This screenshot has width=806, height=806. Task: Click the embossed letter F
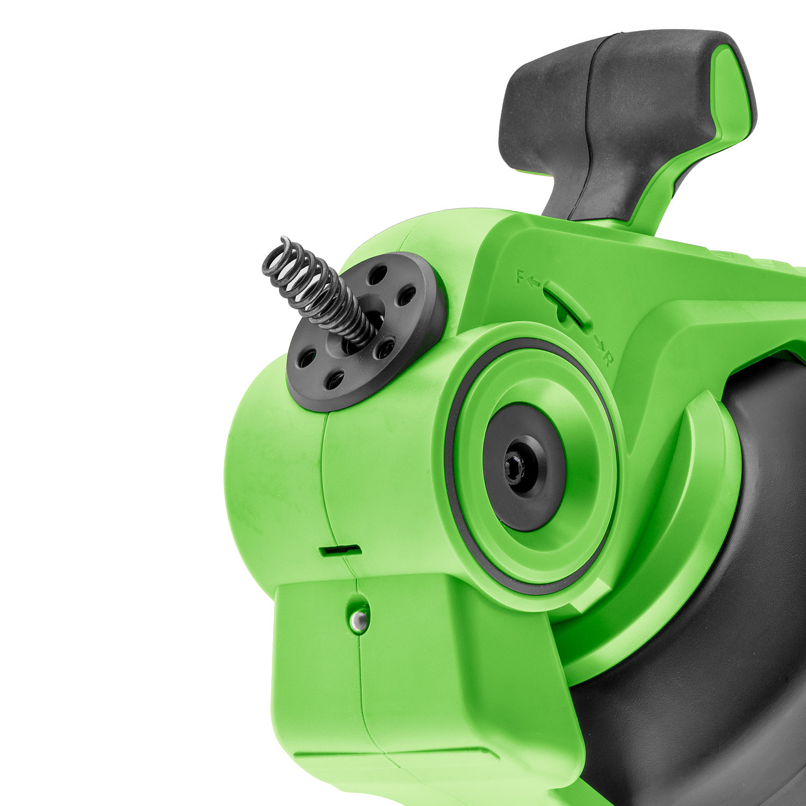520,276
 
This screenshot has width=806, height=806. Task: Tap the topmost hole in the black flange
378,275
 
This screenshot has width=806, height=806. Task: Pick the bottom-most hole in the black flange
335,380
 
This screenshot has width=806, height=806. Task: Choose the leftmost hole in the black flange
307,358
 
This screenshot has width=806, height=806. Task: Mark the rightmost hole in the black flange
407,295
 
